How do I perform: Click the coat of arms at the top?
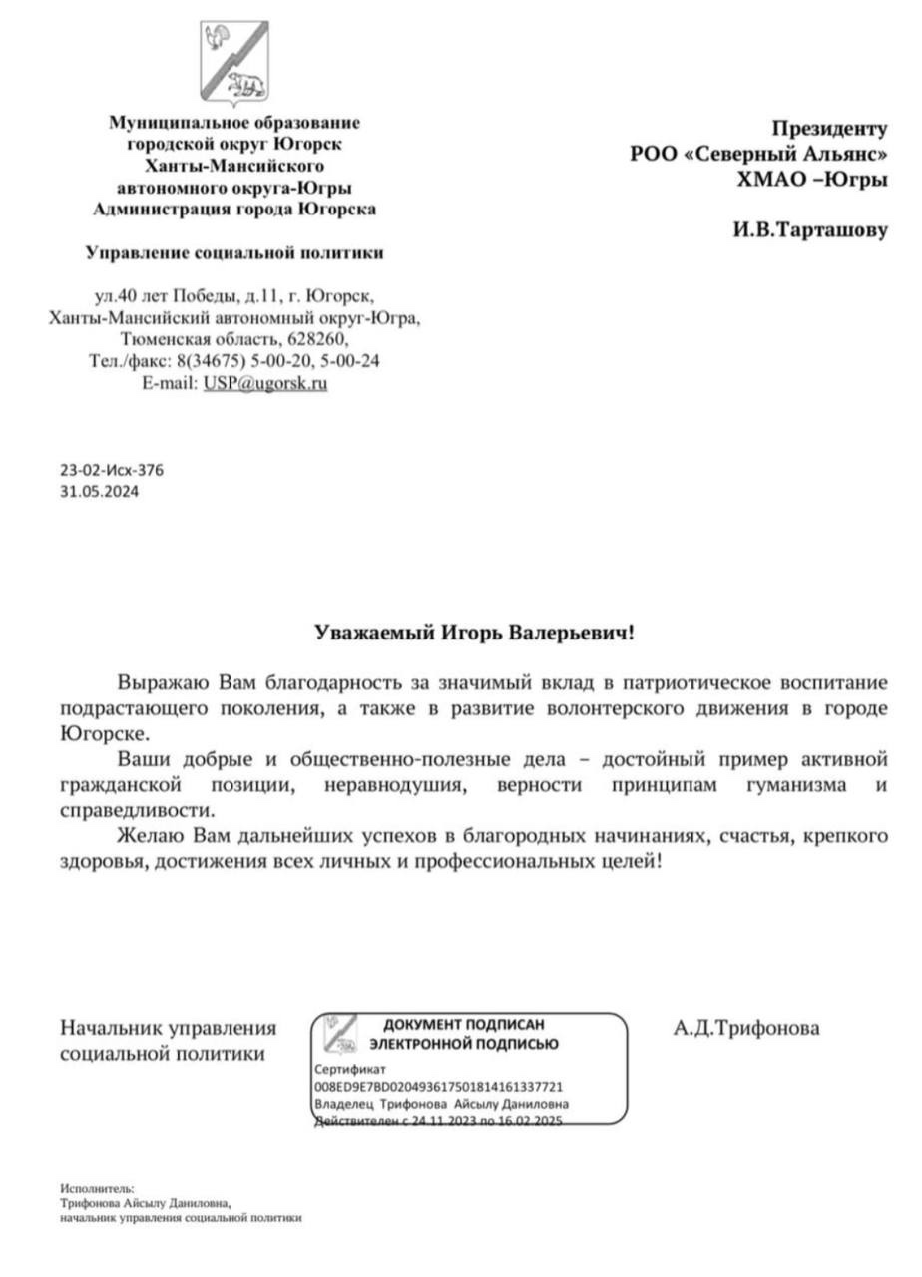pos(232,63)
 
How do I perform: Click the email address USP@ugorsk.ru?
pos(266,382)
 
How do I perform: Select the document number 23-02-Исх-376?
pos(112,470)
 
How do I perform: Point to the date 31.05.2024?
pos(99,491)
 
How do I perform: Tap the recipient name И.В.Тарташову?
pos(809,230)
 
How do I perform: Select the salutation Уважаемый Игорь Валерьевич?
pos(474,633)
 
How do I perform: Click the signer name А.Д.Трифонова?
pos(746,1028)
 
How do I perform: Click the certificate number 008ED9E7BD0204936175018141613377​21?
pos(439,1087)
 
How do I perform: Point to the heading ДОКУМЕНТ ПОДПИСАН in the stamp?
pos(464,1025)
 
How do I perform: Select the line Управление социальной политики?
pos(234,253)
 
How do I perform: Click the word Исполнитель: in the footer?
pos(97,1188)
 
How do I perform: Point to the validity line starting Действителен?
pos(439,1122)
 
